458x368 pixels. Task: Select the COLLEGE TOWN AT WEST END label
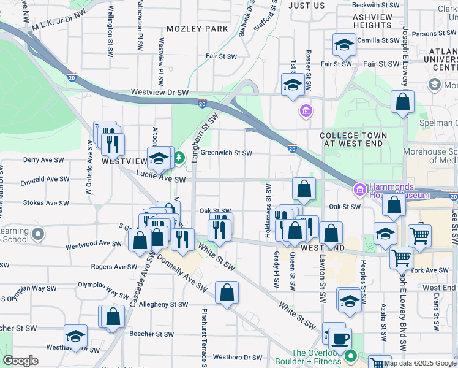click(x=353, y=139)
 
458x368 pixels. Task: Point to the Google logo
click(x=20, y=361)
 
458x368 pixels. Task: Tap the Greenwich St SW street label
click(x=226, y=153)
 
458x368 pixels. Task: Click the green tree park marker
click(x=179, y=159)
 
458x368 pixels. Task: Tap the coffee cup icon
click(x=340, y=337)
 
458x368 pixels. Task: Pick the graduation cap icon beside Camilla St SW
click(x=345, y=45)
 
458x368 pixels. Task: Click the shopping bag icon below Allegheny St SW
click(x=113, y=316)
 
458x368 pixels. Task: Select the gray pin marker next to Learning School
click(x=39, y=234)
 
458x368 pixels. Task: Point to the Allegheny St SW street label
click(x=164, y=304)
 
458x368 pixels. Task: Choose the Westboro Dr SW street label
click(x=238, y=357)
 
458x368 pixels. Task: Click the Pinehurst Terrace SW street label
click(x=203, y=334)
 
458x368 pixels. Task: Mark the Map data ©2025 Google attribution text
click(x=420, y=363)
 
